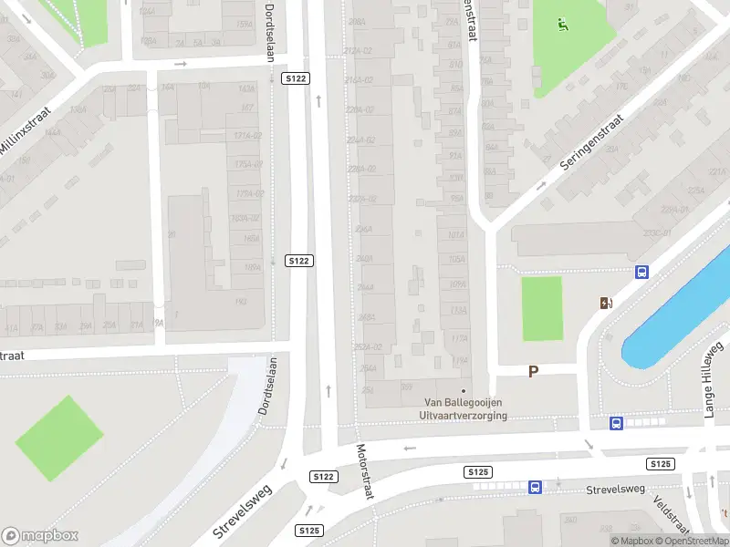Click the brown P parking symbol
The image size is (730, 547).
[534, 371]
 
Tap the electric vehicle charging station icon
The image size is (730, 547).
[605, 304]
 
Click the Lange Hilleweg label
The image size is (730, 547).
[713, 379]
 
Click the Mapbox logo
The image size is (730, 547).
[40, 536]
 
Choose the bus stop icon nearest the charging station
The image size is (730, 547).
[641, 272]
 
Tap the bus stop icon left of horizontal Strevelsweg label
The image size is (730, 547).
[535, 487]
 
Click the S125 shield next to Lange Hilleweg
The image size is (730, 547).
[661, 464]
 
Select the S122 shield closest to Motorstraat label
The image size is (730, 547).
[323, 477]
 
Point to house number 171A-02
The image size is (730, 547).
[247, 136]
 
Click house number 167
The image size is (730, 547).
[246, 108]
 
